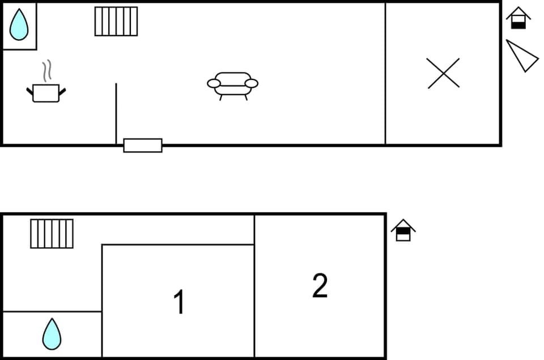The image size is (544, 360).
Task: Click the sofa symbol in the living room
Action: point(232,85)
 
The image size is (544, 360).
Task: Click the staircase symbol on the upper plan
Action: point(116,22)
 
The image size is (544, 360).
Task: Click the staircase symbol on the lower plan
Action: point(52,234)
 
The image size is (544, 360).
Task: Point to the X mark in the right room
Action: point(443,74)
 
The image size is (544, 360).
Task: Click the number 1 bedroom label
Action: point(178,302)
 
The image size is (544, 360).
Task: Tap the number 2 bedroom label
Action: point(320,286)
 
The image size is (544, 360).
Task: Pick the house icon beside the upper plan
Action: point(518,18)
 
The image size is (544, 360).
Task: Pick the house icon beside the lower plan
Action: point(403,230)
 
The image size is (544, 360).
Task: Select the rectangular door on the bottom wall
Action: point(143,145)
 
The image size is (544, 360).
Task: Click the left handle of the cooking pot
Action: point(30,91)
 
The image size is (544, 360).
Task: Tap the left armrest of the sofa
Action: point(214,83)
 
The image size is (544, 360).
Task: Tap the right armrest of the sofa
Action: point(252,83)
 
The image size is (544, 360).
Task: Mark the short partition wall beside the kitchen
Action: point(116,113)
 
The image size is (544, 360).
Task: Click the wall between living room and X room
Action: point(385,74)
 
